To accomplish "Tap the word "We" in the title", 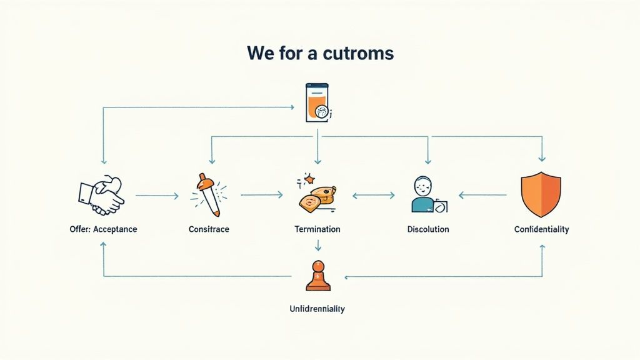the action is point(261,53).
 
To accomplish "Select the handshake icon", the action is point(102,195).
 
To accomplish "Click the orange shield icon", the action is point(541,194).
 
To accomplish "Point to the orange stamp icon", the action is point(318,276).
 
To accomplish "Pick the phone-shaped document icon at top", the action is point(318,103).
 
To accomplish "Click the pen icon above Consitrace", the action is point(209,195).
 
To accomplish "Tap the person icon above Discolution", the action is point(429,194).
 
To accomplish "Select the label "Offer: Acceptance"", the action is point(103,229).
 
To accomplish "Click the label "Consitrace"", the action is point(209,229).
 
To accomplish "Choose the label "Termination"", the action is point(317,229).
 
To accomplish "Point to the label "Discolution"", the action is point(428,229).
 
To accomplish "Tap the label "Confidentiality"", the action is point(542,229).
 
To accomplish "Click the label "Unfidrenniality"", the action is point(317,309).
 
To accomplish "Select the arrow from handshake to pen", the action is point(157,196).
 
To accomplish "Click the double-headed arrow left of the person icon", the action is point(374,196).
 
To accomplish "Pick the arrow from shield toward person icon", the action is point(482,196).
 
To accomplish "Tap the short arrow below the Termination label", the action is point(318,245).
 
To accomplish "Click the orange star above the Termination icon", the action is point(309,178).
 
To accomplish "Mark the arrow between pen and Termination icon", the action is point(262,195).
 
